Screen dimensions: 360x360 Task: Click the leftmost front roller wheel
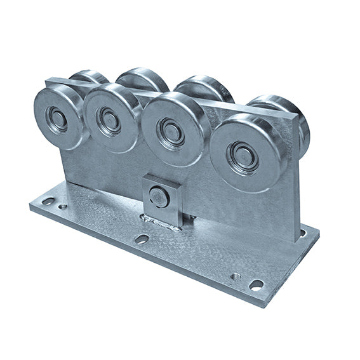point(58,117)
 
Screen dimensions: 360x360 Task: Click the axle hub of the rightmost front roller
point(244,156)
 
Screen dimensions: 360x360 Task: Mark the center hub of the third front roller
point(171,131)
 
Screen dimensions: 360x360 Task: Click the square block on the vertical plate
point(161,196)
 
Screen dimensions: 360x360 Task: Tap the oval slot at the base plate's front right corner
point(257,284)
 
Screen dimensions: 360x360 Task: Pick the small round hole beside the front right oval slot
point(236,276)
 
